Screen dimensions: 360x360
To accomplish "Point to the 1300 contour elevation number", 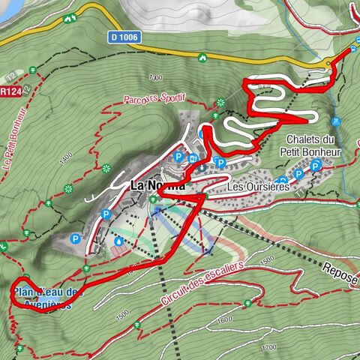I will (x=155, y=77).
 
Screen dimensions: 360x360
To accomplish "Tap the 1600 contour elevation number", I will (x=224, y=320).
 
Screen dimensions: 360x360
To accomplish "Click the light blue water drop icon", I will (x=119, y=241).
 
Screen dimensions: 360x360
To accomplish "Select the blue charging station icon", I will (x=193, y=158).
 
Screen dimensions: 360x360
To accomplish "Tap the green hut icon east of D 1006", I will (x=201, y=57).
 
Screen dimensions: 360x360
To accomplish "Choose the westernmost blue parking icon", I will (x=75, y=239).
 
